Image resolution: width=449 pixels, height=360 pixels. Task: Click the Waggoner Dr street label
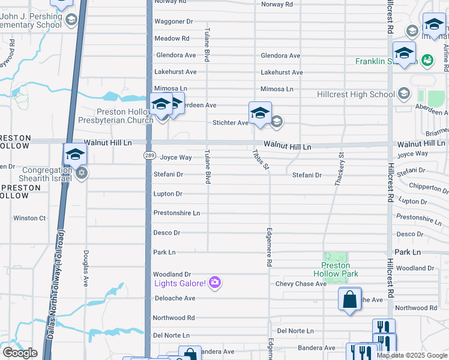click(x=173, y=22)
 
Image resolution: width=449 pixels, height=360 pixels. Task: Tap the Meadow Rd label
click(x=172, y=38)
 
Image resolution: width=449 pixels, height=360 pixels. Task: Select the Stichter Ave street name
click(x=230, y=123)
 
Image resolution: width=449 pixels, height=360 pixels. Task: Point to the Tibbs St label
click(x=259, y=159)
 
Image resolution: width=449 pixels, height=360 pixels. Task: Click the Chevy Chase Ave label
click(x=301, y=284)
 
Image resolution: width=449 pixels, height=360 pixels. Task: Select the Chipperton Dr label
click(x=426, y=187)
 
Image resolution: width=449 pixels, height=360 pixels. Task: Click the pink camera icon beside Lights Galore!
click(x=215, y=283)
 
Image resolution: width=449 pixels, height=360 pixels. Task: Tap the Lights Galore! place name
click(x=180, y=283)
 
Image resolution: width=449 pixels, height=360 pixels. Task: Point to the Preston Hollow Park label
click(x=340, y=269)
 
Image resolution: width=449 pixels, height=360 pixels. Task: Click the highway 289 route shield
click(x=149, y=155)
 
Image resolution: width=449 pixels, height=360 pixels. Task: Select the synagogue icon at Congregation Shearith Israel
click(x=82, y=173)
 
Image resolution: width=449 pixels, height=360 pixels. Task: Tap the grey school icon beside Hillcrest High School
click(x=403, y=94)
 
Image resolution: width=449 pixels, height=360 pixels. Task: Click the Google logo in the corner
click(x=20, y=352)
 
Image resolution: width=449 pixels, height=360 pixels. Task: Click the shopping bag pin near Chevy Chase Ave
click(x=349, y=299)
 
